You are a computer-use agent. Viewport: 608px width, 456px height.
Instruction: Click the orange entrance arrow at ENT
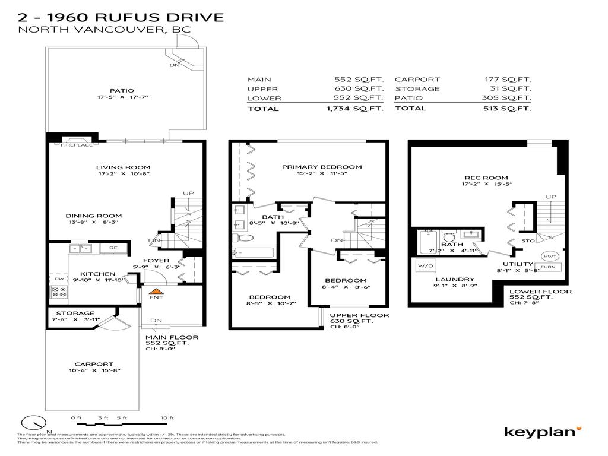(156, 291)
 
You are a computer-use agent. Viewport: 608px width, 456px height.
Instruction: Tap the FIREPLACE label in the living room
(77, 144)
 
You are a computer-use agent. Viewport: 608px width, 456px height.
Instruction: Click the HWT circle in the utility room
(547, 256)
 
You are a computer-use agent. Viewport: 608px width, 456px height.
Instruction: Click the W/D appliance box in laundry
(426, 265)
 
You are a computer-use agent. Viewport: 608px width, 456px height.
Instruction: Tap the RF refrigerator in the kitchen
(113, 248)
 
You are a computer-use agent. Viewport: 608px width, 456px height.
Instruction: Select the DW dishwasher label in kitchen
(58, 278)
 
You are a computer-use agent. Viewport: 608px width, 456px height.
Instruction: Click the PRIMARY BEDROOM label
(322, 167)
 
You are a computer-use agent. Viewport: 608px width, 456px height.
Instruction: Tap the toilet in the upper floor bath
(246, 237)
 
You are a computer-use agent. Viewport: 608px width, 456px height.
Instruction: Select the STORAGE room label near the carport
(75, 313)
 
